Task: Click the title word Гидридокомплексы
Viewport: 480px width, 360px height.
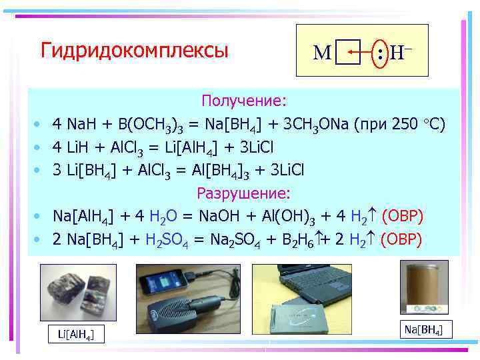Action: (134, 51)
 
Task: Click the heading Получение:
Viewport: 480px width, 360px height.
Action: (244, 101)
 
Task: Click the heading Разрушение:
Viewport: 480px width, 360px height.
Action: (244, 193)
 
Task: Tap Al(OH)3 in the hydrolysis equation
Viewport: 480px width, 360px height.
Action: (299, 217)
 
